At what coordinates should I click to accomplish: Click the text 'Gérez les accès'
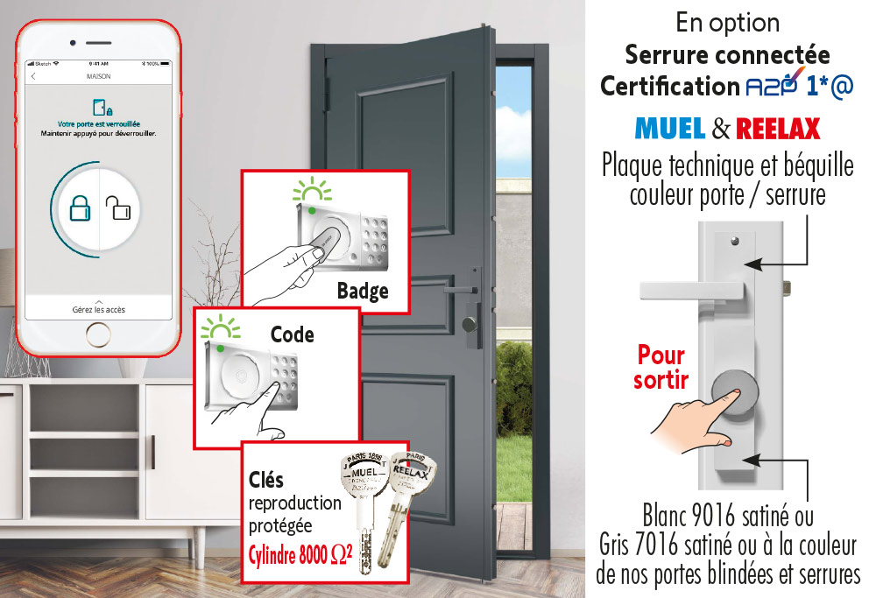tap(98, 310)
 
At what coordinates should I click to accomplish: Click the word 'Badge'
tap(362, 292)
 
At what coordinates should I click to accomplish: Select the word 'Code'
tap(292, 334)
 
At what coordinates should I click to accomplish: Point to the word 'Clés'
tap(266, 481)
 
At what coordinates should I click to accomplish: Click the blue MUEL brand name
tap(670, 130)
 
